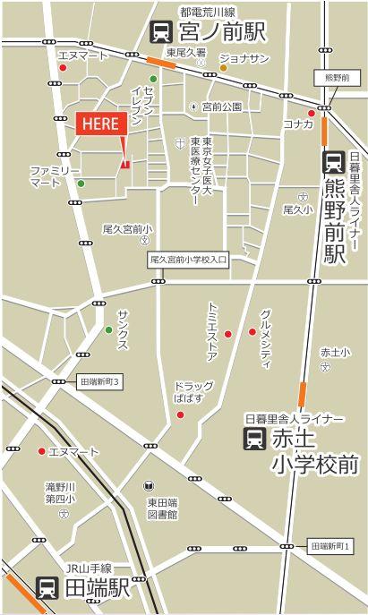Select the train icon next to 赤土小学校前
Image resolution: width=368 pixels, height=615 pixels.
pos(253,439)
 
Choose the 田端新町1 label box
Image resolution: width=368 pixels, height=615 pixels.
pos(338,545)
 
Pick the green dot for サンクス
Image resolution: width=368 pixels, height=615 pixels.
pos(109,329)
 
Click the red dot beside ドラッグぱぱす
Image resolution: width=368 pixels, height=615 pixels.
pos(180,414)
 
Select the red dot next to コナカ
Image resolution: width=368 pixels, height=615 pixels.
pos(311,113)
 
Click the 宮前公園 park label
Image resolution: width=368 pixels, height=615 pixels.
pos(221,107)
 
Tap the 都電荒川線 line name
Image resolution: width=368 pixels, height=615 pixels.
pos(207,12)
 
